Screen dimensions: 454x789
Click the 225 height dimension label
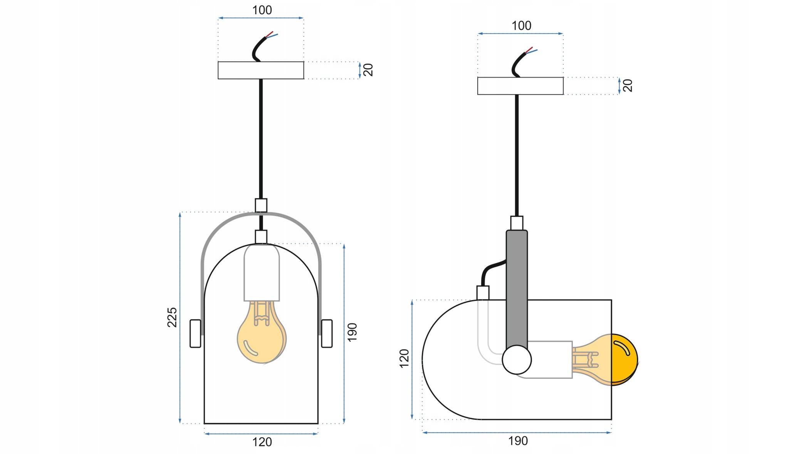coord(172,317)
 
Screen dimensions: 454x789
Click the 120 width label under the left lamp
coord(262,442)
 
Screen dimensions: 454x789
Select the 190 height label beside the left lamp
coord(352,332)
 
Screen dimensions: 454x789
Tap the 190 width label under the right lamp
coord(518,441)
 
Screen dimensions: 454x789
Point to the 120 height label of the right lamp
coord(404,358)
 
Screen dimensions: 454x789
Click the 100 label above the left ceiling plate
coord(262,10)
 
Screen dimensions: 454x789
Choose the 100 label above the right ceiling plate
coord(521,26)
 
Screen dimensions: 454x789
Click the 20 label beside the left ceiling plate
coord(368,70)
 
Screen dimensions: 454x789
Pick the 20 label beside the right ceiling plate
coord(628,85)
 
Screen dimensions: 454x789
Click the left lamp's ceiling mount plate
coord(261,70)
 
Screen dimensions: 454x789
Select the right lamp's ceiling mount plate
coord(520,86)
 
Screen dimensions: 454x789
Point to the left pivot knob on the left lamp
coord(195,333)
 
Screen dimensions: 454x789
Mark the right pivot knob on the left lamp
coord(327,333)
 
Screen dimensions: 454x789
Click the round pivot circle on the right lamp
coord(517,360)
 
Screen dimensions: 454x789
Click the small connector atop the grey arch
coord(261,205)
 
